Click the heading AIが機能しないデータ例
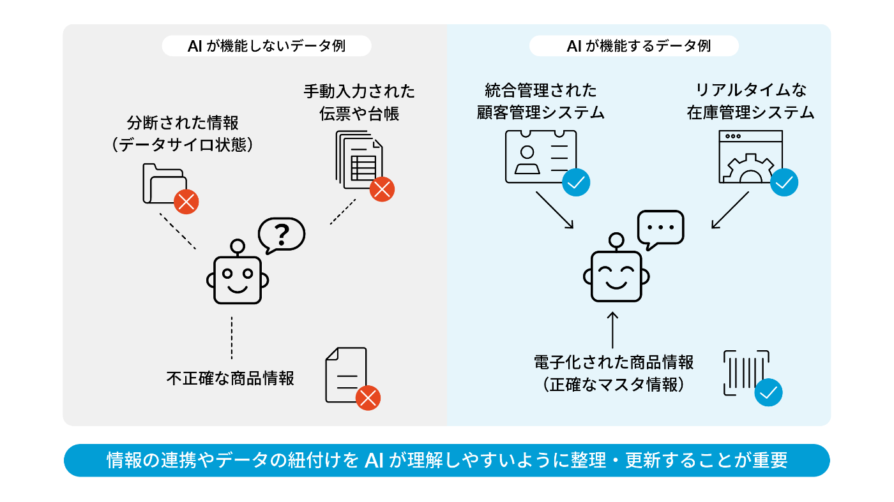coord(266,46)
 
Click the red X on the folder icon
coord(186,202)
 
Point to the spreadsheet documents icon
coord(358,159)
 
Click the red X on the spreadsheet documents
coord(382,189)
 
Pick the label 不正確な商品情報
coord(230,378)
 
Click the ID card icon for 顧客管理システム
coord(540,156)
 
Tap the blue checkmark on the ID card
coord(576,182)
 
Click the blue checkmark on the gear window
coord(784,182)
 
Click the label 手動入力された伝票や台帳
coord(359,103)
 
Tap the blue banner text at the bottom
coord(447,461)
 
